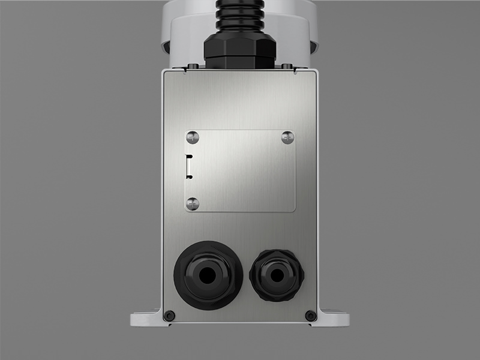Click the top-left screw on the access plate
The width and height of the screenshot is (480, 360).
click(192, 137)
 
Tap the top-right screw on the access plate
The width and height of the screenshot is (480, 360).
click(287, 137)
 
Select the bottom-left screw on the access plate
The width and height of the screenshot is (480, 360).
click(192, 203)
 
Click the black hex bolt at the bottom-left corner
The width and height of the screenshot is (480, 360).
click(169, 316)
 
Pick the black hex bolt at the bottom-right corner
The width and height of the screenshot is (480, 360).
click(310, 316)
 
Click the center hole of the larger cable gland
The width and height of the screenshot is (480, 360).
click(208, 275)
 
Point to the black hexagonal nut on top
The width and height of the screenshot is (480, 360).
click(239, 50)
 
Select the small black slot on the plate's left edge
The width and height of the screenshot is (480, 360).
click(189, 166)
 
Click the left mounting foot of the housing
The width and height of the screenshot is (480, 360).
click(148, 317)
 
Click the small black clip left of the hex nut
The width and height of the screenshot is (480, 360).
click(192, 65)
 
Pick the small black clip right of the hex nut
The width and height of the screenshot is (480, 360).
click(287, 65)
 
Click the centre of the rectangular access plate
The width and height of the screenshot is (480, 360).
click(239, 170)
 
